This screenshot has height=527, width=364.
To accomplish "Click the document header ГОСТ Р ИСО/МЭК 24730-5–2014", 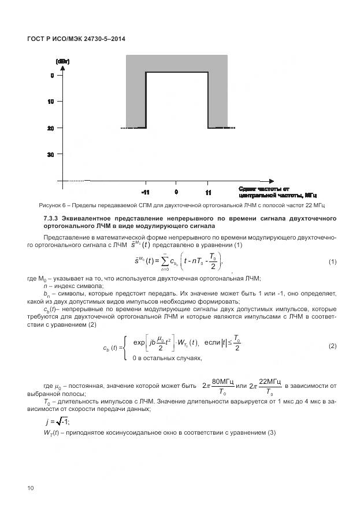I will tap(76, 39).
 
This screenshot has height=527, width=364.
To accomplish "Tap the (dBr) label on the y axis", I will tap(62, 61).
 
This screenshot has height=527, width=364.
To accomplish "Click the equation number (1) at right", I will tap(332, 261).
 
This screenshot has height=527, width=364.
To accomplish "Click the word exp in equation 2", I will tap(139, 342).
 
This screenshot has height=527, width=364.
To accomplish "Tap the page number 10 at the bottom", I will tap(30, 488).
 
